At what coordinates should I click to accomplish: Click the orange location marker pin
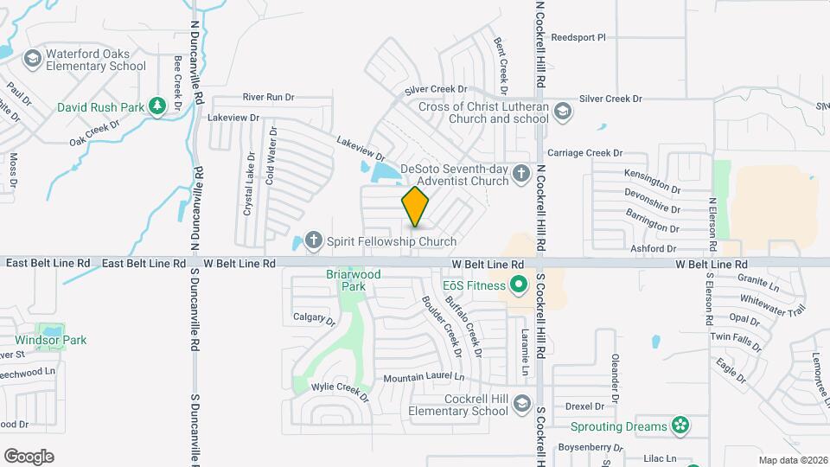point(415,207)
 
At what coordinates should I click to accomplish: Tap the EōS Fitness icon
point(519,284)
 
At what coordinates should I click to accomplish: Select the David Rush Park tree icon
point(157,106)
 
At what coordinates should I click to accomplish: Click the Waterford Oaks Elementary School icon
point(33,59)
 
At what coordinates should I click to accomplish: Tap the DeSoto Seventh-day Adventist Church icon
point(520,175)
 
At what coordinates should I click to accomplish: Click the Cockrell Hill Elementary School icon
point(521,404)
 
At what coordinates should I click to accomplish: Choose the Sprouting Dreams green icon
point(680,425)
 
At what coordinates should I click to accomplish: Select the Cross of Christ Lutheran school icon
point(563,111)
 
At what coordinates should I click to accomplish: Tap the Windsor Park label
point(51,340)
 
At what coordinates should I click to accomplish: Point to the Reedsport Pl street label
point(578,38)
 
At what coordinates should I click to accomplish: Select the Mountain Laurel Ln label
point(424,377)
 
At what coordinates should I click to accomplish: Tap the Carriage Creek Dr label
point(578,152)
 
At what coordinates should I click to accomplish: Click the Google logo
point(29,456)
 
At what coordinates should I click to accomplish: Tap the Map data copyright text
point(793,460)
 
